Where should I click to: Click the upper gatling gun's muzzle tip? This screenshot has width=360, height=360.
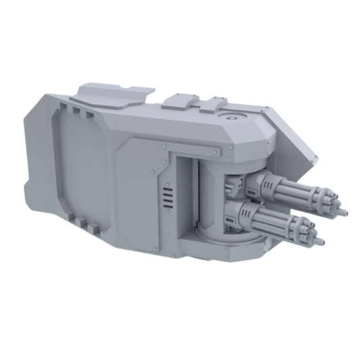point(344,212)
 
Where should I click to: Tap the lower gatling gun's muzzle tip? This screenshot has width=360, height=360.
point(321,240)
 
